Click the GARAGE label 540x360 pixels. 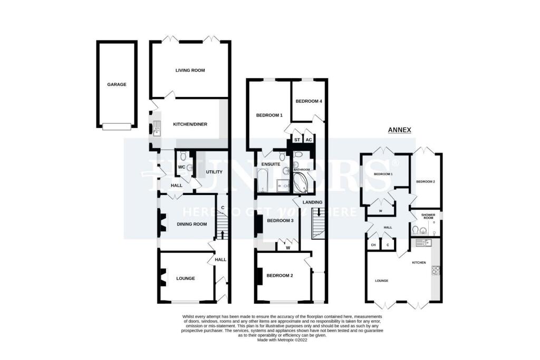click(117, 84)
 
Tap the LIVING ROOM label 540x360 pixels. click(190, 70)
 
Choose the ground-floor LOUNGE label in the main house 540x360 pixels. click(186, 278)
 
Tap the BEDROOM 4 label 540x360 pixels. click(308, 101)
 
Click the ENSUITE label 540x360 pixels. click(270, 164)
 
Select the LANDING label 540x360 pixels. click(312, 202)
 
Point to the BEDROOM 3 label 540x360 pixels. click(279, 220)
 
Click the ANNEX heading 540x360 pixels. click(399, 129)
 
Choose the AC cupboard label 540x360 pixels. click(308, 140)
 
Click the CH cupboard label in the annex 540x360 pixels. click(373, 245)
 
